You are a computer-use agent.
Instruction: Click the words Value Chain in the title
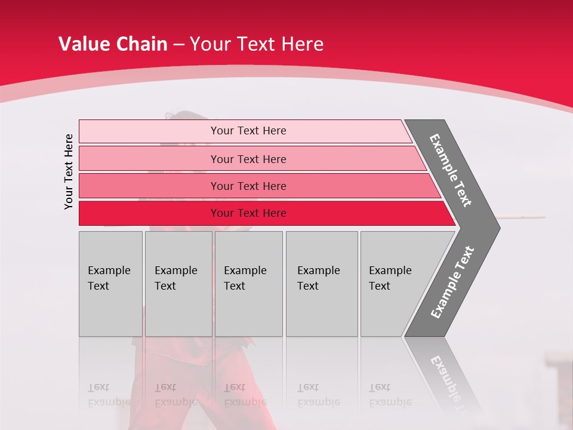pyautogui.click(x=113, y=44)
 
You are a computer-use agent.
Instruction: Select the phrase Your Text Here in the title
pyautogui.click(x=257, y=44)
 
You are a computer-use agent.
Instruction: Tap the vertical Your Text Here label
pyautogui.click(x=69, y=171)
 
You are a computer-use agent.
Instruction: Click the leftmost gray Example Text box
pyautogui.click(x=110, y=284)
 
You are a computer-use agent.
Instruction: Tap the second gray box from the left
pyautogui.click(x=178, y=284)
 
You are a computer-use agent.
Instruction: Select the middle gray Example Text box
pyautogui.click(x=248, y=284)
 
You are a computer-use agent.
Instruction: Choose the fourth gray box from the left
pyautogui.click(x=322, y=284)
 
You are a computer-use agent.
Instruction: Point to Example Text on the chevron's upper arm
pyautogui.click(x=451, y=170)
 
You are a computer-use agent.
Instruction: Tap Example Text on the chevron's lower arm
pyautogui.click(x=452, y=282)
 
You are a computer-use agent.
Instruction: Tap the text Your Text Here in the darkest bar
pyautogui.click(x=248, y=213)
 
